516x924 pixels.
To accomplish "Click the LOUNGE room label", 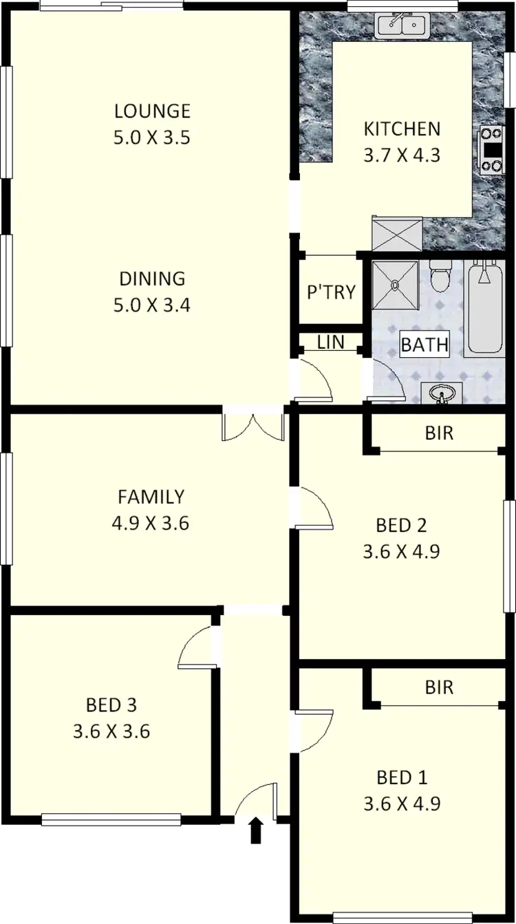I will (152, 111).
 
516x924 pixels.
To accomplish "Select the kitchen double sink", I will (402, 25).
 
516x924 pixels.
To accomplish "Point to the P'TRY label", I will (331, 292).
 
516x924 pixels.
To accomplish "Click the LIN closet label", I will (331, 342).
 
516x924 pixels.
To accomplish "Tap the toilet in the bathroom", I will (440, 277).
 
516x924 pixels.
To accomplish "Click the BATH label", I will (424, 345).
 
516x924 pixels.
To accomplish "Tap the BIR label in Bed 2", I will (439, 433).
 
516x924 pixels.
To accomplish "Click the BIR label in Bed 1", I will (439, 687).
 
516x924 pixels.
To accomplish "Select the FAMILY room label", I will (151, 496).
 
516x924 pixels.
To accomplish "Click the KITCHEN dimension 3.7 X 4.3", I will (401, 155).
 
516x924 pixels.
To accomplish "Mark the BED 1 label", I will (402, 777).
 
